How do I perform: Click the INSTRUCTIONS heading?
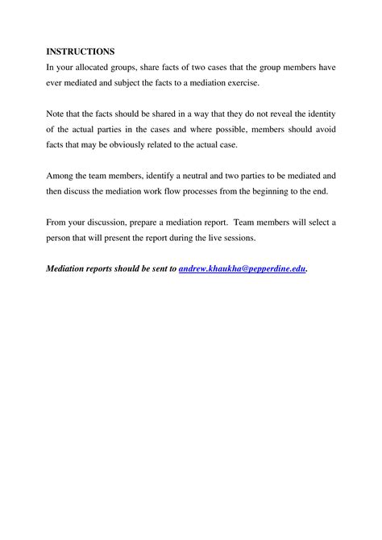[80, 52]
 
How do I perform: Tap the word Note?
[56, 114]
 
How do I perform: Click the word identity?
[321, 114]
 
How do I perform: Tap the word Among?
[61, 175]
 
